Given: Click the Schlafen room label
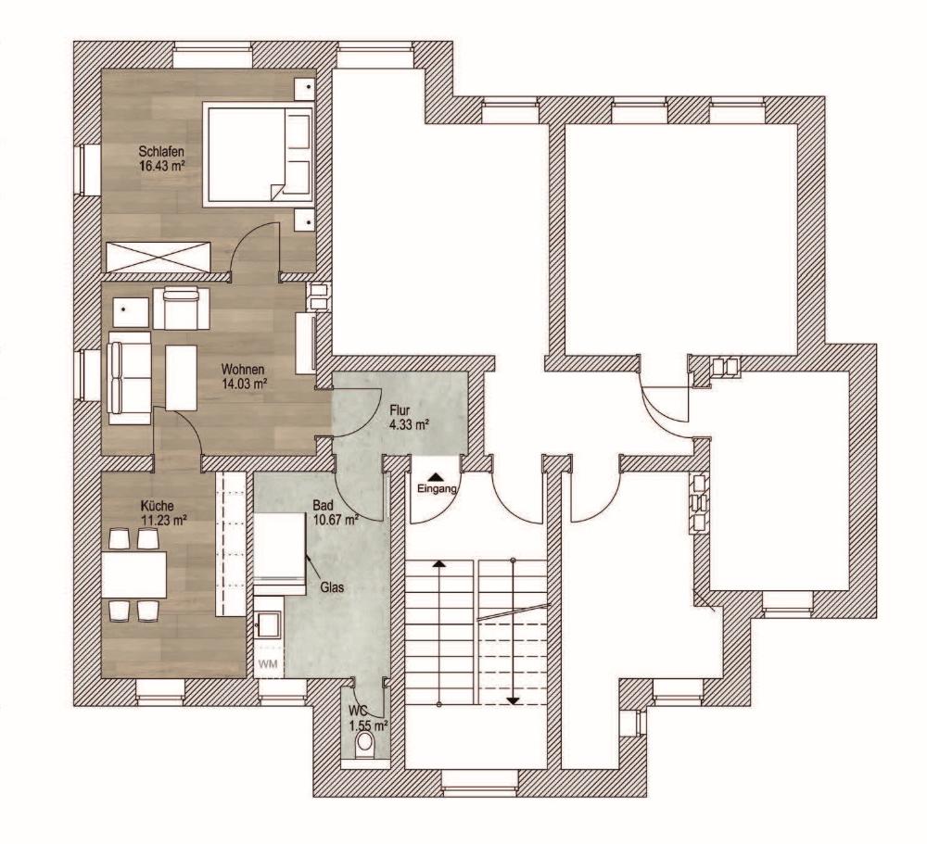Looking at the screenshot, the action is click(161, 152).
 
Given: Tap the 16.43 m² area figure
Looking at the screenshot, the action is click(162, 166).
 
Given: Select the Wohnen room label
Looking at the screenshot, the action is click(242, 370).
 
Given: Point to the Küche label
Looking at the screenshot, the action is click(158, 506).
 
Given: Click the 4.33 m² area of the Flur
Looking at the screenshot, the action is click(409, 423).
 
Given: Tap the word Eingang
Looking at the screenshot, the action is click(437, 489).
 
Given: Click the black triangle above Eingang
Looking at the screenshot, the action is click(436, 476).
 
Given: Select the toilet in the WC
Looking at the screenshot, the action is click(364, 744).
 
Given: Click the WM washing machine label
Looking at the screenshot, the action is click(268, 664).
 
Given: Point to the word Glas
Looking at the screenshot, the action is click(332, 587).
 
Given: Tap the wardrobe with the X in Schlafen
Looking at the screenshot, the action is click(158, 257).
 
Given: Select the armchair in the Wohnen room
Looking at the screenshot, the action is click(181, 308).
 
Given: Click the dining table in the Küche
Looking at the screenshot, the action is click(133, 574).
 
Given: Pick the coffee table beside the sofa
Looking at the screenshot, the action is click(181, 377).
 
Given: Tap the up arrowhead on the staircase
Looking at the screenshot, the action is click(439, 563).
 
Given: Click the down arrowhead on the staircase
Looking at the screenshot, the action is click(513, 701).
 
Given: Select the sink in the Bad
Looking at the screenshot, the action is click(269, 624).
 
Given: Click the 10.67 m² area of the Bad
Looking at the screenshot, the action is click(336, 520).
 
